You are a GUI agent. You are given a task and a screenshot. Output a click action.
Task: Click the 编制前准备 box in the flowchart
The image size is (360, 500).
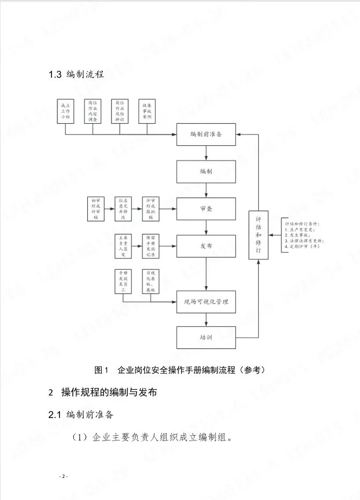pos(206,134)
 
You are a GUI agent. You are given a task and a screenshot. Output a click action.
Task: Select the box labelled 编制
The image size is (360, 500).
pos(206,171)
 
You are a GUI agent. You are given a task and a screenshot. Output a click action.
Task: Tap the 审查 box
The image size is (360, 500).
pos(206,208)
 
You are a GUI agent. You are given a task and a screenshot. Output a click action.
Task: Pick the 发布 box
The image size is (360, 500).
pos(206,245)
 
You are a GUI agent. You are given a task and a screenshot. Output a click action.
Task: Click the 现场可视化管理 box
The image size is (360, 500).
pos(206,302)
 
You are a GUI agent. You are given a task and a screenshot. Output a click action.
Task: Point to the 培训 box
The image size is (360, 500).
pos(206,338)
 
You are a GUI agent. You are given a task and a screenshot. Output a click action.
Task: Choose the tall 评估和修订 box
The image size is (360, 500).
pos(258,235)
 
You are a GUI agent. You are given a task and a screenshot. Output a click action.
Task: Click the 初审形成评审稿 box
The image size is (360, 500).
pos(96,208)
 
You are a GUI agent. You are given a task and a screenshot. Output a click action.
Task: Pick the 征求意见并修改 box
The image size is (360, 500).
pos(123,208)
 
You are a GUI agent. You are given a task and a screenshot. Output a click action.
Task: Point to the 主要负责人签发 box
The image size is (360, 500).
pos(123,245)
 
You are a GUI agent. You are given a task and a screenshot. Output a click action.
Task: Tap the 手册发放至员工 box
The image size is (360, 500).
pos(123,282)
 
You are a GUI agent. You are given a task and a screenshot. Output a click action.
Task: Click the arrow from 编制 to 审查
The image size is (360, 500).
pos(206,190)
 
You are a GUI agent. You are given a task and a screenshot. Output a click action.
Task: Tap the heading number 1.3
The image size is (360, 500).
pos(56,75)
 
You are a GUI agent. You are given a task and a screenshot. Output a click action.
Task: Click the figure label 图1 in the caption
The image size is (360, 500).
pos(101,370)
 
